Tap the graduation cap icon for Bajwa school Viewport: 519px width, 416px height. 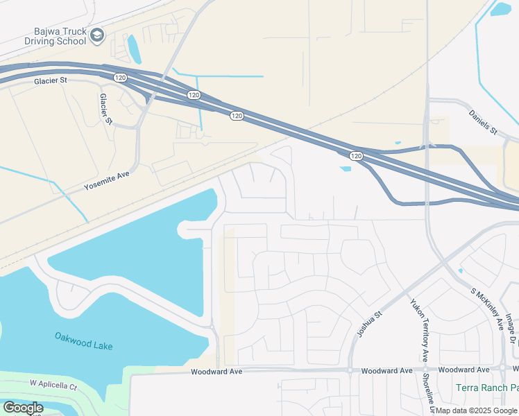point(98,35)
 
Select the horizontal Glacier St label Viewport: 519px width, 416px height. point(51,81)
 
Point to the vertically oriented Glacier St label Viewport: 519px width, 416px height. point(105,109)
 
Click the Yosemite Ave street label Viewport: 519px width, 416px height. point(107,182)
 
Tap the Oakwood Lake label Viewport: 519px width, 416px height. point(83,341)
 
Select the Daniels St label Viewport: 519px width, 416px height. point(483,122)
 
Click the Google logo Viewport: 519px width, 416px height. point(23,408)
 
